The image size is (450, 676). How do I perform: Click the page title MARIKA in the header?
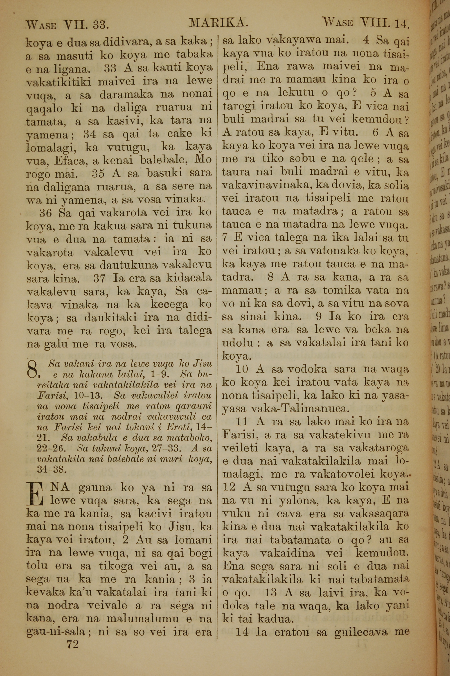218,23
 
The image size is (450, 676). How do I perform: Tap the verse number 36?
45,213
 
